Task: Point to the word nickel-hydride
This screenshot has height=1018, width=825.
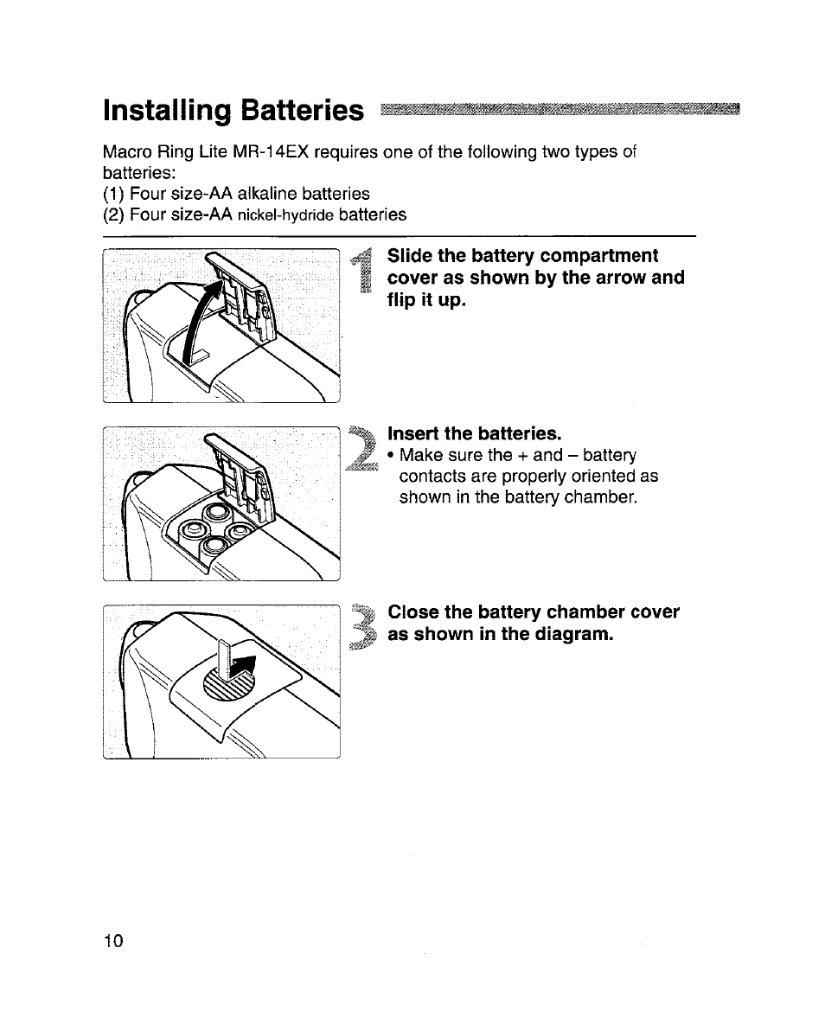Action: pos(286,214)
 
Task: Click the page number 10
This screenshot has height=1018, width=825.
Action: pos(113,941)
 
